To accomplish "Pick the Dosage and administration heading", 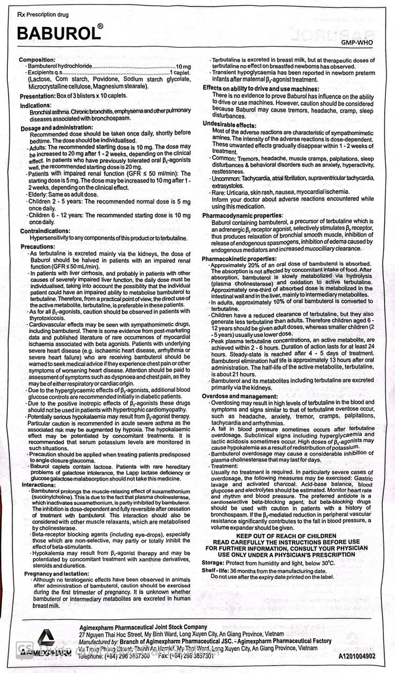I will click(56, 128).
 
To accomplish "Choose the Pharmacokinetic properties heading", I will click(242, 259).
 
